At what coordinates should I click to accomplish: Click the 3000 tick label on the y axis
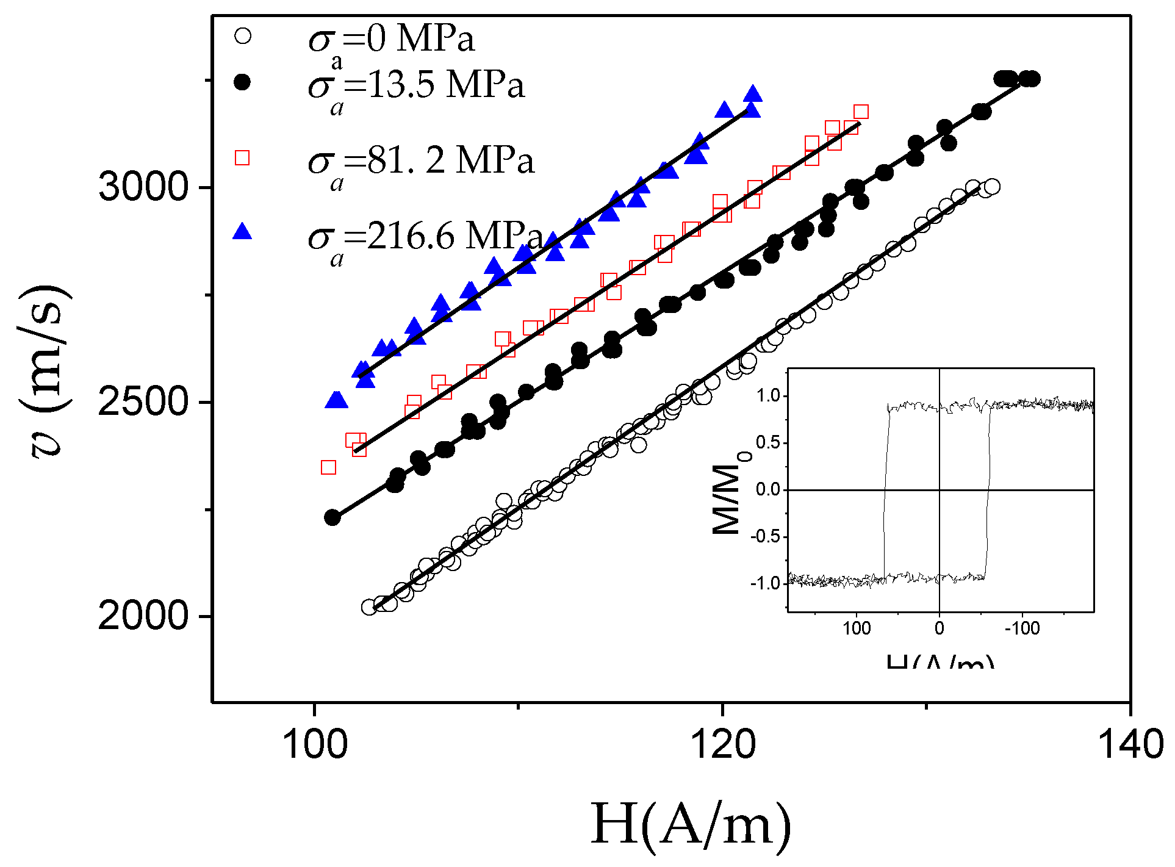pos(144,186)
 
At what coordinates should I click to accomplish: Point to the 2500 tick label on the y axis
pos(144,401)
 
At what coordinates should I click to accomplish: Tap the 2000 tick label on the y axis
pos(144,616)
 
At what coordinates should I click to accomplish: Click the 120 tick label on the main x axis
pos(723,745)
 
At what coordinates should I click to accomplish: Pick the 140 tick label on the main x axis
pos(1130,745)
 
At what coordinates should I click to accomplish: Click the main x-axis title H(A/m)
pos(691,825)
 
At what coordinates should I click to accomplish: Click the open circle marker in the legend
pos(243,36)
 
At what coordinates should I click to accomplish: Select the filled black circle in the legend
pos(243,82)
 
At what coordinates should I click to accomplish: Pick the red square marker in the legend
pos(242,158)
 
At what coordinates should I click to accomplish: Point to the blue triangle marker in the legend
pos(242,232)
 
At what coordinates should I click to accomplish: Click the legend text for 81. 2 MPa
pos(421,162)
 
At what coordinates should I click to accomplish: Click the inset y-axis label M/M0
pos(730,497)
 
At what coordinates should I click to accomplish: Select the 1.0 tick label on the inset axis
pos(768,396)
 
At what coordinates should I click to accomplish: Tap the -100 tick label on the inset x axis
pos(1022,628)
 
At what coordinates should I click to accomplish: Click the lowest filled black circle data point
pos(332,517)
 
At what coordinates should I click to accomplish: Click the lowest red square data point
pos(328,467)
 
